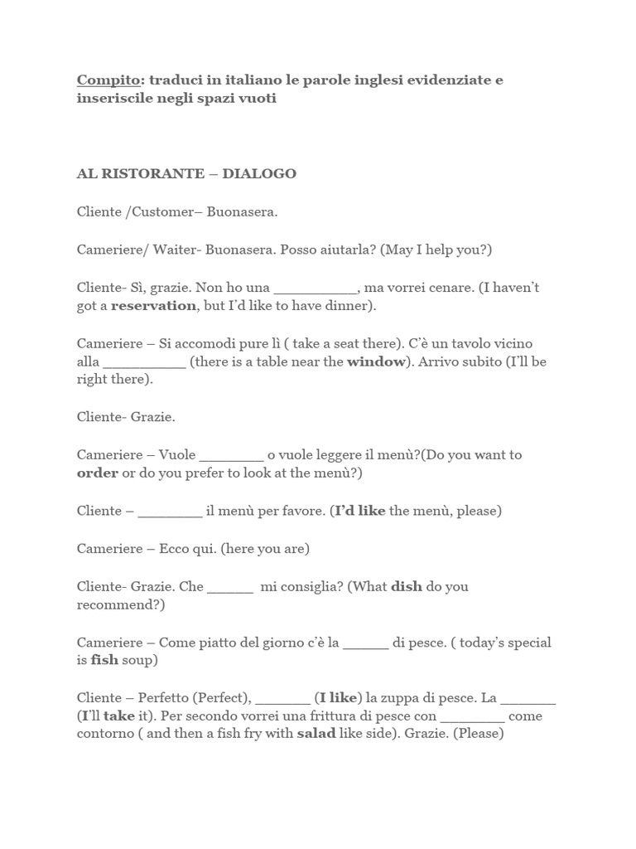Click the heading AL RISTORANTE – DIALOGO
click(x=186, y=174)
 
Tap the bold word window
click(x=376, y=362)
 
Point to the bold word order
click(x=97, y=473)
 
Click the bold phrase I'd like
click(x=360, y=512)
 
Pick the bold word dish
click(x=407, y=586)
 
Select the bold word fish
click(x=104, y=662)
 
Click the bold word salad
click(x=316, y=734)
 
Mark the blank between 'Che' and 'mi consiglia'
click(x=230, y=587)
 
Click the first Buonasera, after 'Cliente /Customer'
click(x=242, y=212)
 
